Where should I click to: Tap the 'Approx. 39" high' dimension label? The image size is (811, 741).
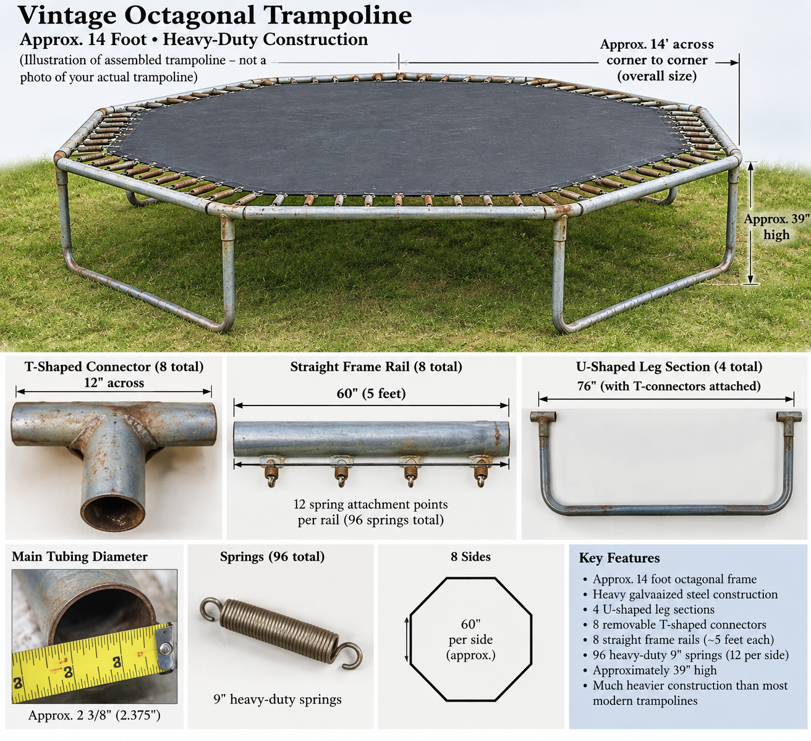(x=776, y=227)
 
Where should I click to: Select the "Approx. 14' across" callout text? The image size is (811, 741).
(x=656, y=44)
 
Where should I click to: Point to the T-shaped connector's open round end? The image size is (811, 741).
(x=113, y=510)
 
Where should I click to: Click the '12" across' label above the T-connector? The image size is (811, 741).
(x=114, y=383)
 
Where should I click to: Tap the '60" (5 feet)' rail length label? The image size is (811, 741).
(x=371, y=393)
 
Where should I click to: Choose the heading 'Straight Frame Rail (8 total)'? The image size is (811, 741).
(x=376, y=366)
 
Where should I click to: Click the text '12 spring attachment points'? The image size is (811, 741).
(x=371, y=504)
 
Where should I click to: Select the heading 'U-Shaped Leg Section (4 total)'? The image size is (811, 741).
(x=669, y=366)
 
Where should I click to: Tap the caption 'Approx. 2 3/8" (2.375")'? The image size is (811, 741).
(x=94, y=716)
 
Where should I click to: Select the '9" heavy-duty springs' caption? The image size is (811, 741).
(x=278, y=700)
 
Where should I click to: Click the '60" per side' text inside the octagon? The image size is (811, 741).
(x=470, y=632)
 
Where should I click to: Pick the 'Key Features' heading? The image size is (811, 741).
(x=619, y=558)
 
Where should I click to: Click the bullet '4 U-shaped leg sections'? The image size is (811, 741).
(x=653, y=609)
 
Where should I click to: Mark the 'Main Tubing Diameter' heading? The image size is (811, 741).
(x=80, y=556)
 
